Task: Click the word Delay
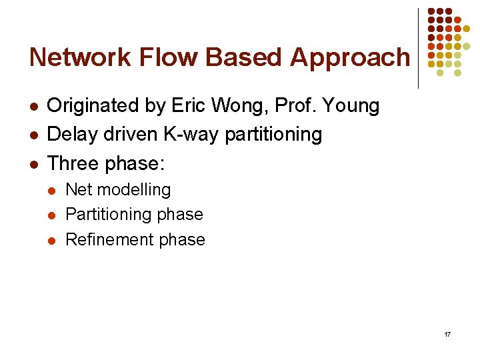[71, 134]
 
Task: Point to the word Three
[73, 163]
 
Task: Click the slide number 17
[447, 333]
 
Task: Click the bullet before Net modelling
[52, 191]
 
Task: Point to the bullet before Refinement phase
[52, 240]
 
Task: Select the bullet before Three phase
[34, 163]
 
